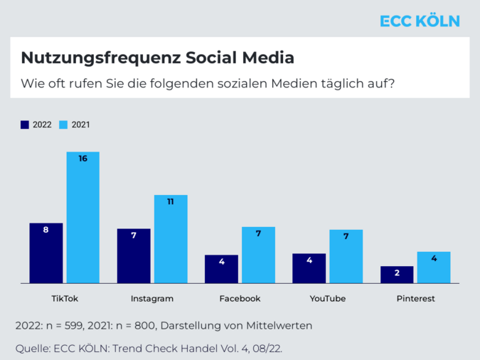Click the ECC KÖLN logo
(x=420, y=21)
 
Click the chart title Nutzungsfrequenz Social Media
(x=157, y=58)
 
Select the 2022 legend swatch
(x=25, y=125)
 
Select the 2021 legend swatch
(x=63, y=125)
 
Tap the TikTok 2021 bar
(x=83, y=218)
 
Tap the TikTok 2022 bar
(x=46, y=253)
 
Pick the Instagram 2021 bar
(x=171, y=239)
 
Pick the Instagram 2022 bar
(x=134, y=256)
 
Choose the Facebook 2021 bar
(x=258, y=255)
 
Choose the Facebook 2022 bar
(x=221, y=269)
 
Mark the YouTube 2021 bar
(x=346, y=256)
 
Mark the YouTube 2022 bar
(x=309, y=268)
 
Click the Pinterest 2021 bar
(x=433, y=268)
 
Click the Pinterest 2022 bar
(x=396, y=275)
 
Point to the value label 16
(x=83, y=159)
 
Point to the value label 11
(x=171, y=202)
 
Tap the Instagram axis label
(x=152, y=298)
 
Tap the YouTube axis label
(x=328, y=298)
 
